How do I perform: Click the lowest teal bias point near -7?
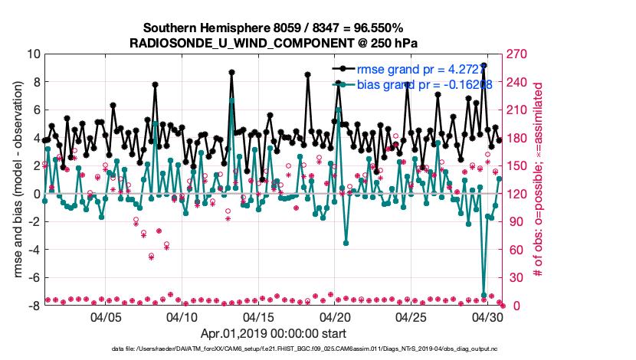[484, 295]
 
